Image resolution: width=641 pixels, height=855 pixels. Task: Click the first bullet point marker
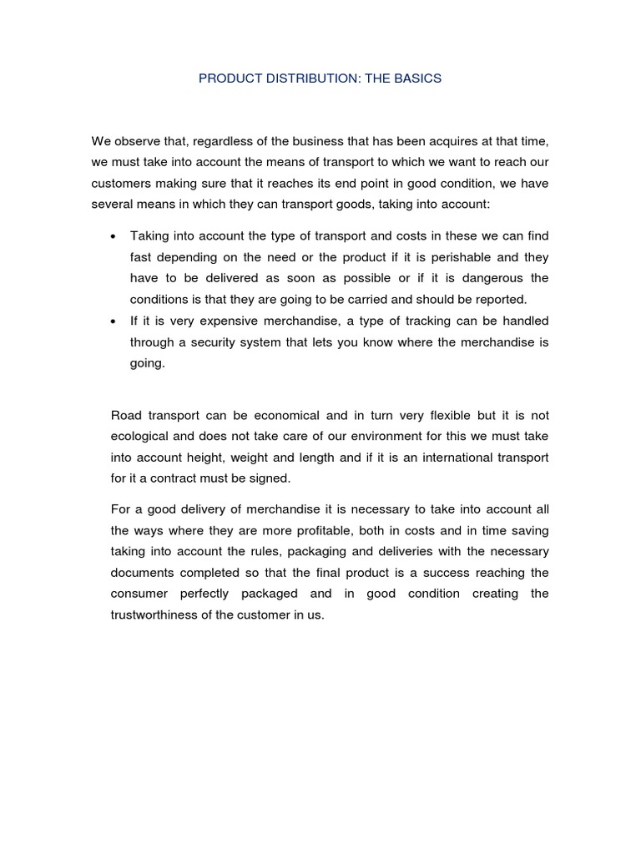tap(113, 237)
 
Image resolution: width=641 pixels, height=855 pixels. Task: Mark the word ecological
tap(139, 436)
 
